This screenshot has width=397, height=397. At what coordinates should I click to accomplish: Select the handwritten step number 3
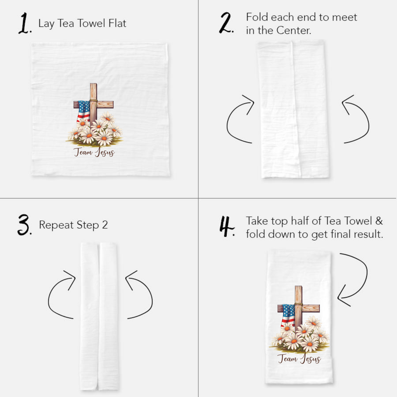[x=24, y=226]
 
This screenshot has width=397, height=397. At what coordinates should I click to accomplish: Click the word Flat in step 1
[x=117, y=23]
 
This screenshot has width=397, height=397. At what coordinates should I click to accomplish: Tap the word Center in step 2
[x=293, y=30]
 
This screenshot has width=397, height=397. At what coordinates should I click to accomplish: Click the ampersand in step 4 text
[x=379, y=221]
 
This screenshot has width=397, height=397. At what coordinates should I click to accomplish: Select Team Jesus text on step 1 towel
[x=94, y=152]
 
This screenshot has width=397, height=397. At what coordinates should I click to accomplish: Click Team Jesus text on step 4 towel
[x=299, y=359]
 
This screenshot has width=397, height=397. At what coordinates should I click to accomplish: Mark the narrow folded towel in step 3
[x=99, y=316]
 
